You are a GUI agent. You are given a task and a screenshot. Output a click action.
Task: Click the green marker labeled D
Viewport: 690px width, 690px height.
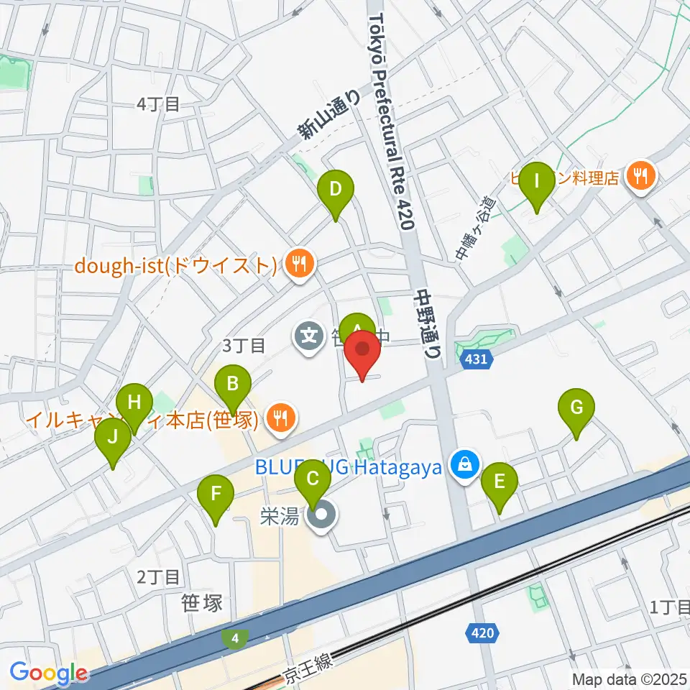coord(335,190)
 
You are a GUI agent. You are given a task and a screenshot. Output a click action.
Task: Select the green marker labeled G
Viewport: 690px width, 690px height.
coord(576,408)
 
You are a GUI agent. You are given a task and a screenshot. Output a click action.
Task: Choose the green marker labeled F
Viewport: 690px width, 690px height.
coord(216,494)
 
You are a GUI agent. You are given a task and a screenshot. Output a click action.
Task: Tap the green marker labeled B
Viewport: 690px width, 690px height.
coord(233,385)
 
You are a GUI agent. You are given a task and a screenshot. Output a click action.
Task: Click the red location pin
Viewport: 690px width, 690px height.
coord(363,351)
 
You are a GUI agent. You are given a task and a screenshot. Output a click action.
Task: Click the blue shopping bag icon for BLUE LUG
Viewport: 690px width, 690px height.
coord(466,464)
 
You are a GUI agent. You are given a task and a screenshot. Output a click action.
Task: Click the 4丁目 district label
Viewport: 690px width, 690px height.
coord(157,104)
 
